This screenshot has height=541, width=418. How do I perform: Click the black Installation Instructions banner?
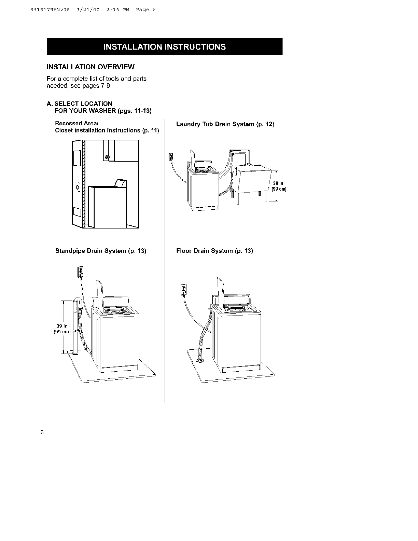165,47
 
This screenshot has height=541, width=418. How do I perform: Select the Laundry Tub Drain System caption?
225,124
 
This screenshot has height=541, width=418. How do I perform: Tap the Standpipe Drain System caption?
101,251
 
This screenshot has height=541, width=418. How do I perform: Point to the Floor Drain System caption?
214,251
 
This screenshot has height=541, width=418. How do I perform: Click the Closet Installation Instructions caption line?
107,130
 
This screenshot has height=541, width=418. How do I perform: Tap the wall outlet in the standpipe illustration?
80,272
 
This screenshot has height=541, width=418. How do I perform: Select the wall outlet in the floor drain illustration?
183,289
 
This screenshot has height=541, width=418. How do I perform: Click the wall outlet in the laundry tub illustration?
171,156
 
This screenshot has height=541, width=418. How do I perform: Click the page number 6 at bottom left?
42,432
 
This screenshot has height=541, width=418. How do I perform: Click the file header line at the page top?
90,10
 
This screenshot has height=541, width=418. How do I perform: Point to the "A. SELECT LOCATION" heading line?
79,103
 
